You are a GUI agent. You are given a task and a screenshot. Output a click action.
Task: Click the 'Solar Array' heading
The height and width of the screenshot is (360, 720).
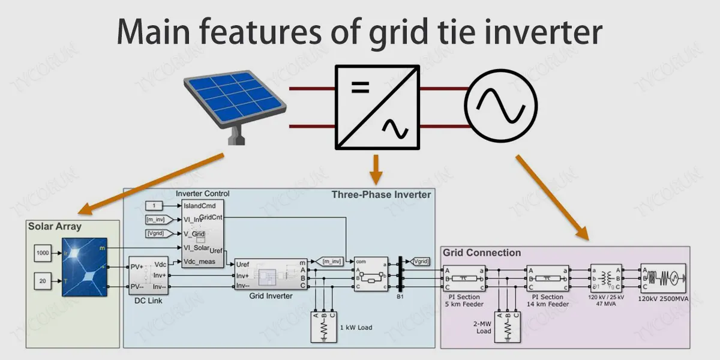pos(55,227)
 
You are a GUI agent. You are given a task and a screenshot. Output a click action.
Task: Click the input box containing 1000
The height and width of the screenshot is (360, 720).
pos(43,253)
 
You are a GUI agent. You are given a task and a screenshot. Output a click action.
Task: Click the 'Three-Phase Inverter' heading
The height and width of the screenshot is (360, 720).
pos(381,194)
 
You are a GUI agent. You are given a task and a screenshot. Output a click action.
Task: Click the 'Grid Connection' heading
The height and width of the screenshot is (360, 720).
pos(482,253)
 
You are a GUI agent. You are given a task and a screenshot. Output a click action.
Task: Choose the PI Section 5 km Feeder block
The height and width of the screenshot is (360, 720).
pos(464,277)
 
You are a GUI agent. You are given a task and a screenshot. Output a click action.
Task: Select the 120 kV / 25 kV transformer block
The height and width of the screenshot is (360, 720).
pos(607,277)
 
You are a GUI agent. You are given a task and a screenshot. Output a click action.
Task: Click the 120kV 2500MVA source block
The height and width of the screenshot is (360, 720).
pos(662,277)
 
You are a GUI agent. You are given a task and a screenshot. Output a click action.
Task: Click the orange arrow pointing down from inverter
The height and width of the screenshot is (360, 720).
pos(376,169)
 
